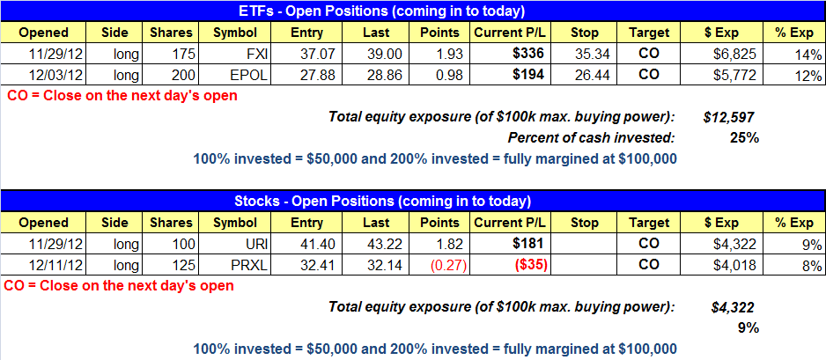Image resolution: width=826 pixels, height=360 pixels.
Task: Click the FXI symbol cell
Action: pos(235,55)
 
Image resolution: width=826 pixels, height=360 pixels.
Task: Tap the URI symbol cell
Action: pos(235,245)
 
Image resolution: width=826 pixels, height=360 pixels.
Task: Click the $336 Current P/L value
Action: pos(528,55)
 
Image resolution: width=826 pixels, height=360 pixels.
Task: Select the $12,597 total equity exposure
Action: pos(729,117)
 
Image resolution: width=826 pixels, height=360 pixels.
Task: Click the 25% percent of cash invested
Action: pos(744,138)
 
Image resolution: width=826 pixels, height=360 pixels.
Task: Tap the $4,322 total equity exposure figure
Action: pos(733,307)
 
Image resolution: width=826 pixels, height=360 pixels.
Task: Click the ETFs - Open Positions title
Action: pos(413,11)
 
